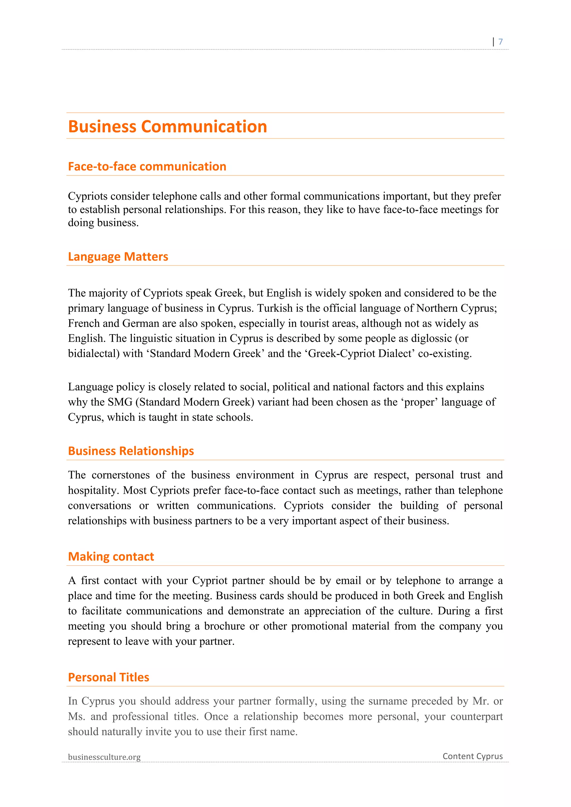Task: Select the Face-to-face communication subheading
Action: click(147, 167)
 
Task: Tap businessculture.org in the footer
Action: click(104, 757)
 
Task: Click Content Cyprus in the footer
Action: click(473, 756)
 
